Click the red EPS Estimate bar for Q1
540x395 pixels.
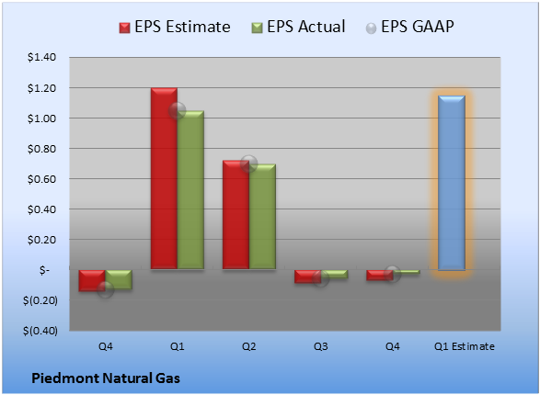point(164,178)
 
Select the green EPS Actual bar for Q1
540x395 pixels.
point(190,190)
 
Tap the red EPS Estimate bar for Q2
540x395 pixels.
point(236,215)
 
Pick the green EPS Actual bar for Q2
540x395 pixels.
point(262,216)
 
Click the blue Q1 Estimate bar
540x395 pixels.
point(452,183)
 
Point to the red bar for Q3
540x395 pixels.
point(307,276)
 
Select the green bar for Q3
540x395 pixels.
point(335,274)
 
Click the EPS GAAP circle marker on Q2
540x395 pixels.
point(248,164)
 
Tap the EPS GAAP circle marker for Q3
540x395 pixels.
point(321,278)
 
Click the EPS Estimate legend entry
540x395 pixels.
point(175,27)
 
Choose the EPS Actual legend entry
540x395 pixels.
point(298,27)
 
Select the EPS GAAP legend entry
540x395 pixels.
point(409,27)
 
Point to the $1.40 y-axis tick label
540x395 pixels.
point(41,57)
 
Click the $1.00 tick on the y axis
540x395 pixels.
point(41,118)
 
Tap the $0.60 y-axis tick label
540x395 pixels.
point(41,179)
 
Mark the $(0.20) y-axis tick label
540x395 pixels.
point(40,300)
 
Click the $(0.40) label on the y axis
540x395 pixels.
point(40,331)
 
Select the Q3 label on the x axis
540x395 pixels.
point(321,346)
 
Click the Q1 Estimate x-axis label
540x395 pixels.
point(465,346)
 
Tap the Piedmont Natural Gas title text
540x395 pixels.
point(106,378)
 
